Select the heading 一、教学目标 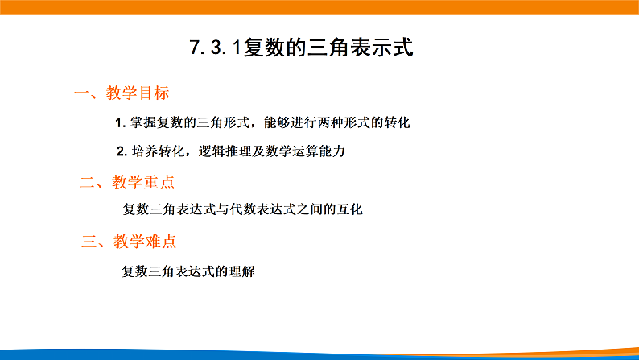pos(121,93)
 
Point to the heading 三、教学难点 pos(129,241)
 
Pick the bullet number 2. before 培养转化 pos(122,151)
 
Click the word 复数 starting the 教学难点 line pos(134,271)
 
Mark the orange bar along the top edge pos(319,7)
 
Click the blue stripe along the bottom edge pos(319,354)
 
